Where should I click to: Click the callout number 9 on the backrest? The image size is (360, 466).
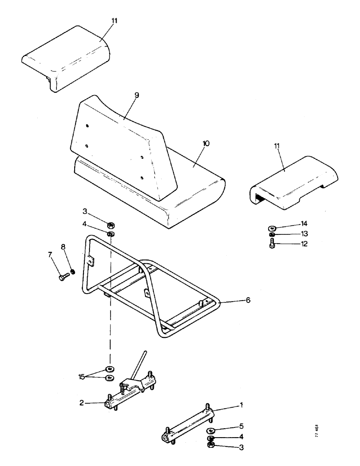[x=124, y=95]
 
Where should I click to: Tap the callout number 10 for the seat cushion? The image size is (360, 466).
[x=206, y=144]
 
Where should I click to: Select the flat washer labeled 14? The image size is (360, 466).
[x=272, y=228]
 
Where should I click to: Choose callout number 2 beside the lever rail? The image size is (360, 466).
[x=82, y=404]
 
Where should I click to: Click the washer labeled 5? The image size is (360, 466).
[x=211, y=430]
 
